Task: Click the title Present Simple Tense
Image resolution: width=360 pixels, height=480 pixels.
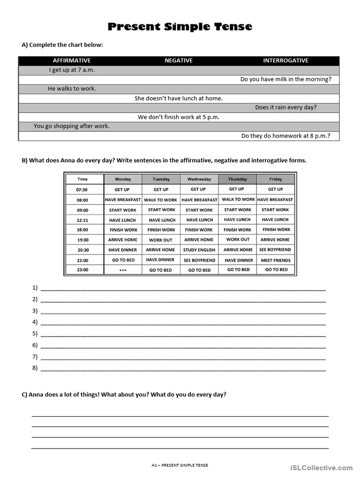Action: click(180, 27)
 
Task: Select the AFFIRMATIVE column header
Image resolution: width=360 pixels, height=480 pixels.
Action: click(72, 60)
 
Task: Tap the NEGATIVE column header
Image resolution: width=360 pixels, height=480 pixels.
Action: click(179, 60)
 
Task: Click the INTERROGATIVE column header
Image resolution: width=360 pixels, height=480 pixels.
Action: click(285, 60)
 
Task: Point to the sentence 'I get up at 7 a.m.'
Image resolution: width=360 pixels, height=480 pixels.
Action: click(72, 70)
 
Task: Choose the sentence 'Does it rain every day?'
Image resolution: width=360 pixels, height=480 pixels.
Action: click(286, 107)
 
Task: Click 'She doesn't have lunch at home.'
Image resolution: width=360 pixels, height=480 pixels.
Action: click(179, 98)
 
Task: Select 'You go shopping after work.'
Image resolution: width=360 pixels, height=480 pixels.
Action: click(72, 126)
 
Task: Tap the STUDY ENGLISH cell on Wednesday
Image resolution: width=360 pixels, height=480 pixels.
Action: click(199, 250)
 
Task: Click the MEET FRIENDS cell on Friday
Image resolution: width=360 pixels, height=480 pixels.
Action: click(276, 260)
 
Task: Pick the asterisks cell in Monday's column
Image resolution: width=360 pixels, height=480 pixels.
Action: click(123, 270)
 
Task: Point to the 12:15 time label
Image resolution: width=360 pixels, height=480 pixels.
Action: click(82, 220)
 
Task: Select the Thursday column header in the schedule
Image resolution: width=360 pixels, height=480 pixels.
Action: click(237, 179)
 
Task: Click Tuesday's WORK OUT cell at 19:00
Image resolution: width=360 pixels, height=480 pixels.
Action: click(161, 240)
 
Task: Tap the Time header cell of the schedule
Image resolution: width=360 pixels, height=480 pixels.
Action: click(82, 179)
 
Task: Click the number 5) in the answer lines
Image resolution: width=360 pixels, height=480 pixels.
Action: click(35, 334)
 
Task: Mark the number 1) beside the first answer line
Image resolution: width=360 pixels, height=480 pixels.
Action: click(35, 288)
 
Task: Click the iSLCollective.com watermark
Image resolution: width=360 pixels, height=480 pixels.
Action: click(321, 468)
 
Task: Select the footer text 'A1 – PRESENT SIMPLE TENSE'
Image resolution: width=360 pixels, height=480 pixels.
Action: click(180, 465)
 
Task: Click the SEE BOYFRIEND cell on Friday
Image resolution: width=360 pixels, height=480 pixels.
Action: click(276, 250)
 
